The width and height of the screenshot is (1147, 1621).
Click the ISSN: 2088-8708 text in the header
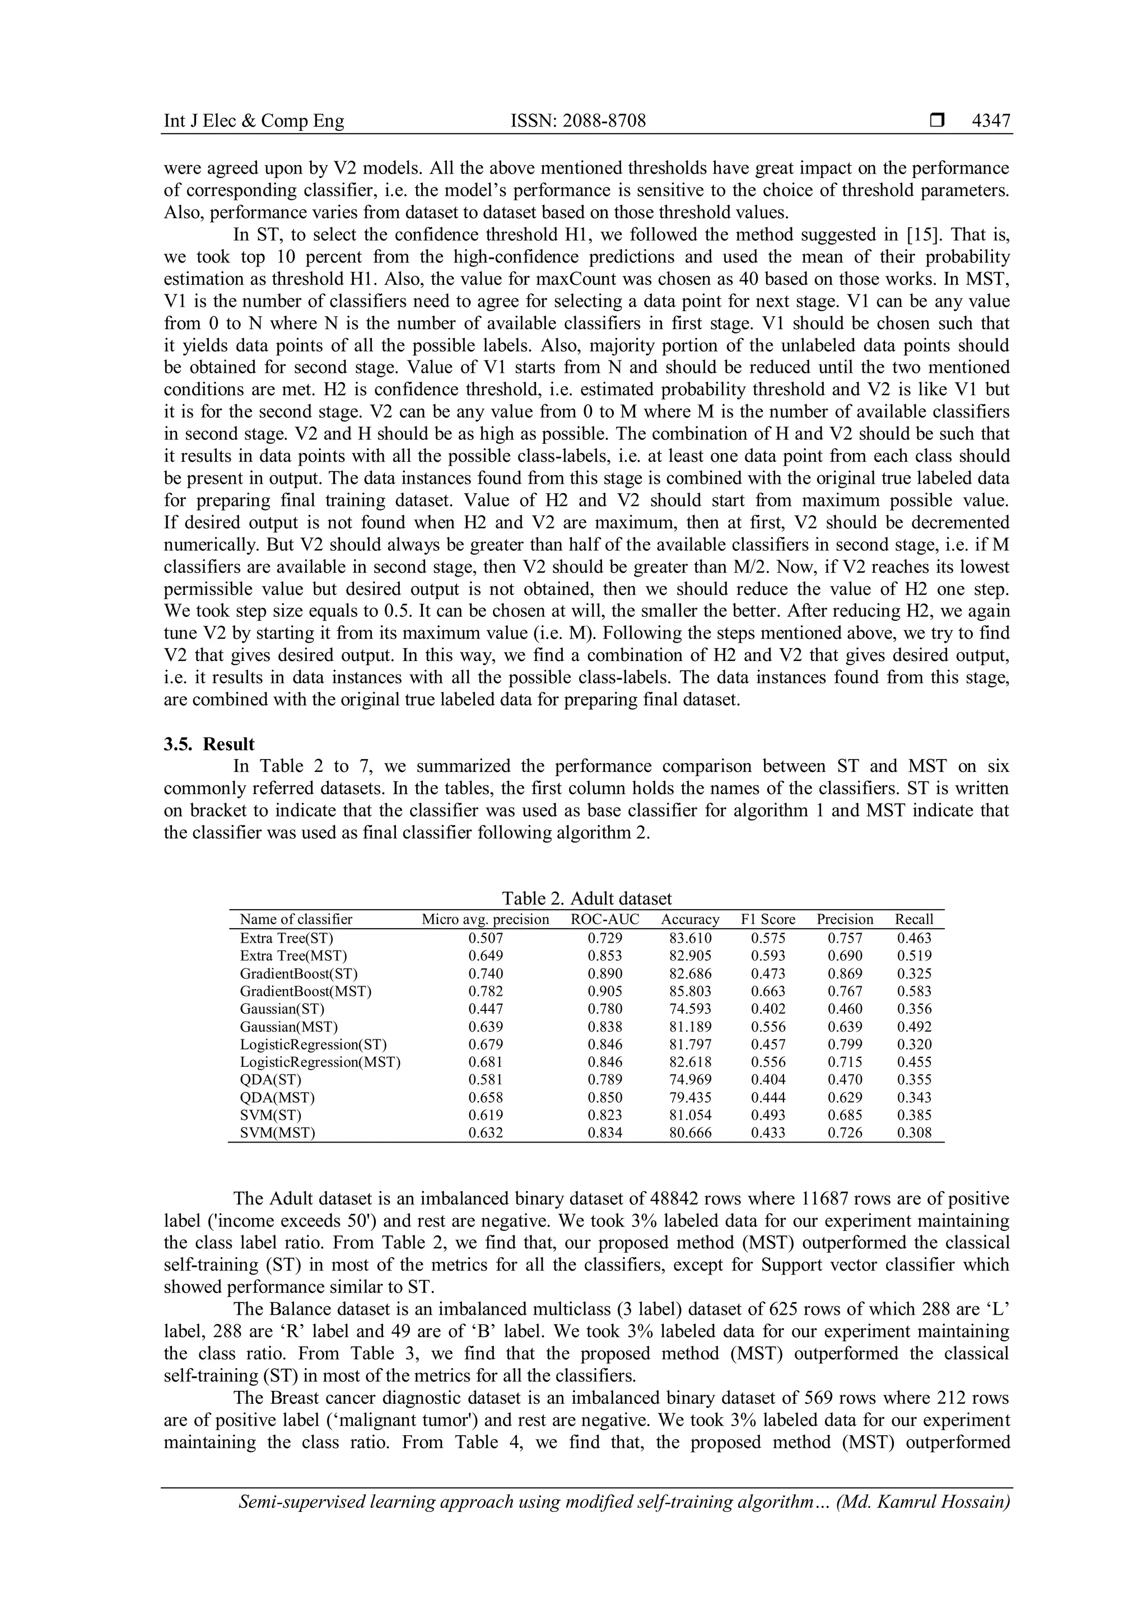pos(578,121)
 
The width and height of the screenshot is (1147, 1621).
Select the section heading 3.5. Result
pos(209,744)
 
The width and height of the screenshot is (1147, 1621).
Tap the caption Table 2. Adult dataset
pos(586,898)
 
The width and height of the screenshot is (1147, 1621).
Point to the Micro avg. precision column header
pos(485,919)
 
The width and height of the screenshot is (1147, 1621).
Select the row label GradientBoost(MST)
pos(305,991)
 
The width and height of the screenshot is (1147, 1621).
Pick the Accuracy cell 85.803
pos(690,991)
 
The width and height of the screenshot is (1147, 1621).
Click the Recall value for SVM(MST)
pos(914,1133)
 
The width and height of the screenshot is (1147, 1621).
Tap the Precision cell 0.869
pos(845,973)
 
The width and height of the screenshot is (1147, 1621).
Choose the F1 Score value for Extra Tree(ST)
pos(768,938)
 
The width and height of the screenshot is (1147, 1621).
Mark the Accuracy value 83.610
pos(690,938)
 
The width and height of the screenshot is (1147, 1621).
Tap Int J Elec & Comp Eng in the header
pos(254,121)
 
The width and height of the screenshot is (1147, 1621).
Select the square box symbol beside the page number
pos(937,121)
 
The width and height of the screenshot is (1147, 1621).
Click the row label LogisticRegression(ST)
pos(313,1044)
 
